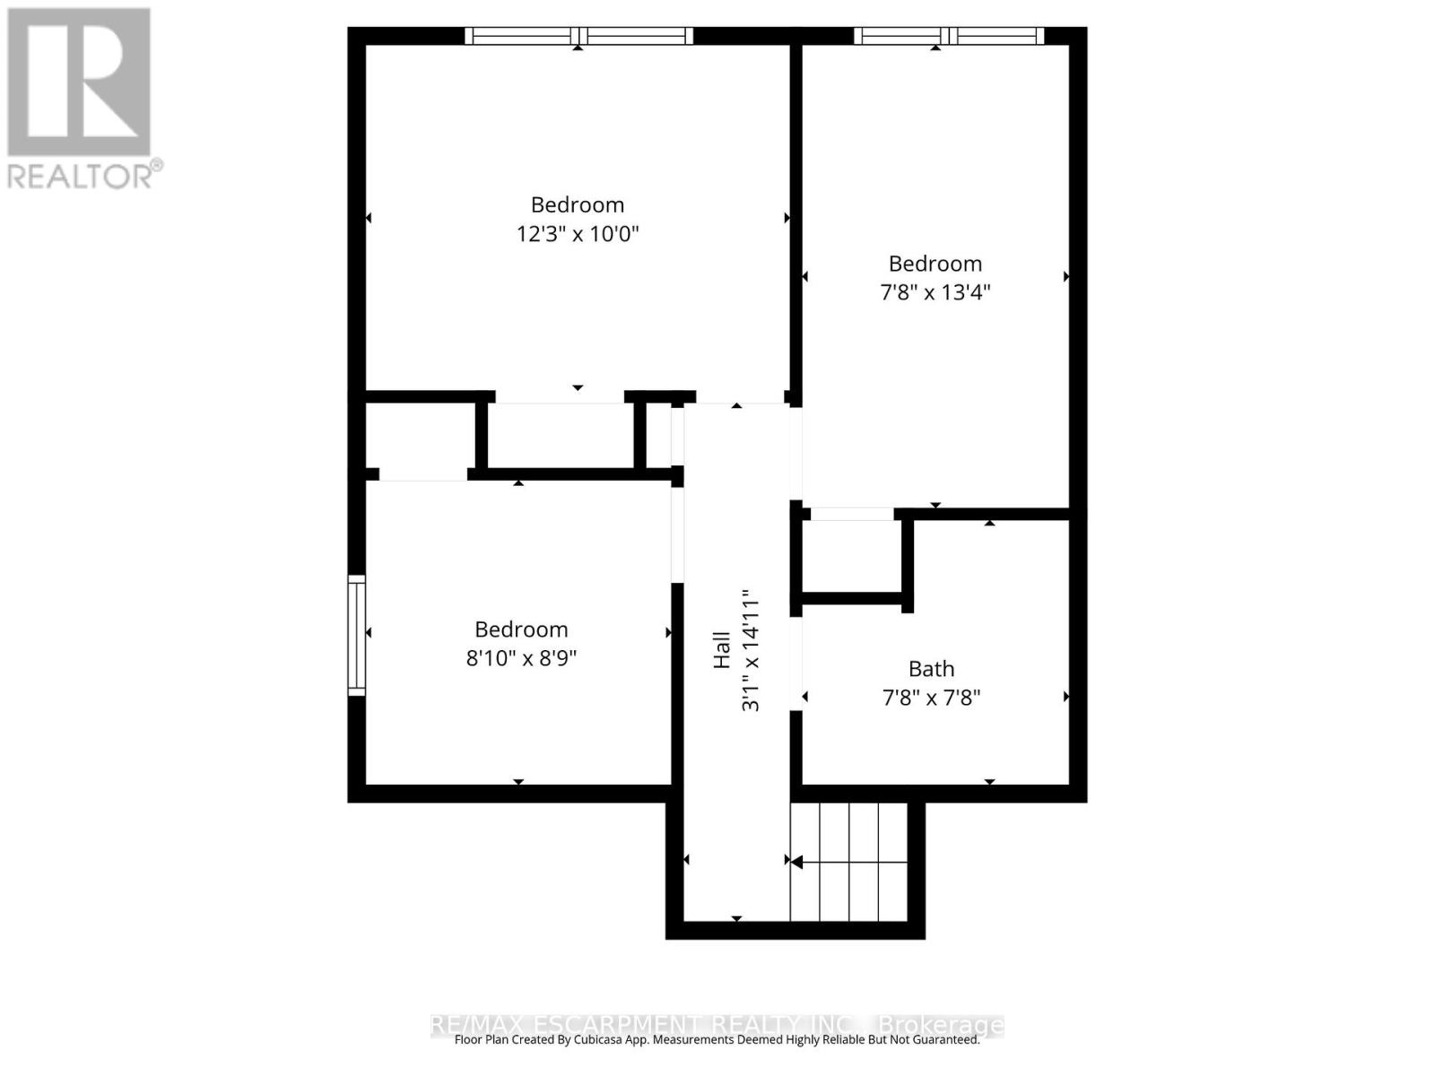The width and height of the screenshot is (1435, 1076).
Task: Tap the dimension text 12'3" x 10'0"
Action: pos(578,234)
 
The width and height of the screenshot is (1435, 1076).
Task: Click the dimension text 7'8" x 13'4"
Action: pos(935,292)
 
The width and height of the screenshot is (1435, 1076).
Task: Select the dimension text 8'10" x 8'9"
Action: pos(521,658)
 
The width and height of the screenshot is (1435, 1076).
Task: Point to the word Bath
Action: pos(931,669)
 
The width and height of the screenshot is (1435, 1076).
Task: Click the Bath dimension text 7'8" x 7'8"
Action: pos(931,698)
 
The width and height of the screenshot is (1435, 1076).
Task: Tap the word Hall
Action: pos(722,649)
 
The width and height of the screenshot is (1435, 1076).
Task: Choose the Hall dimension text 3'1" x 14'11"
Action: pos(750,649)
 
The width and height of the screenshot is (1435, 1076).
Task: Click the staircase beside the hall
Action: pos(848,862)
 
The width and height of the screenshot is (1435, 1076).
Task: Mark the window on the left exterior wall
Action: pos(357,635)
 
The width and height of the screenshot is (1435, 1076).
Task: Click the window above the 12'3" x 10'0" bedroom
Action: pos(578,36)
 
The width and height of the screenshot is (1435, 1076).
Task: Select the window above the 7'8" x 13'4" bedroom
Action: pos(948,36)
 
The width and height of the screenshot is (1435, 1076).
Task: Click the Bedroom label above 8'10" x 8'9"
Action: pos(521,629)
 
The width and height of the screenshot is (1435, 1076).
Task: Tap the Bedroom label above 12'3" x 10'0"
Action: pos(578,204)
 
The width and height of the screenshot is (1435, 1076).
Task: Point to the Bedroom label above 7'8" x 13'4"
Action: pos(935,264)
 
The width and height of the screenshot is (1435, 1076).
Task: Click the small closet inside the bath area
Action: pos(851,556)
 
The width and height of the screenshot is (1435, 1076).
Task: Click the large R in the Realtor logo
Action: pos(79,82)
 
